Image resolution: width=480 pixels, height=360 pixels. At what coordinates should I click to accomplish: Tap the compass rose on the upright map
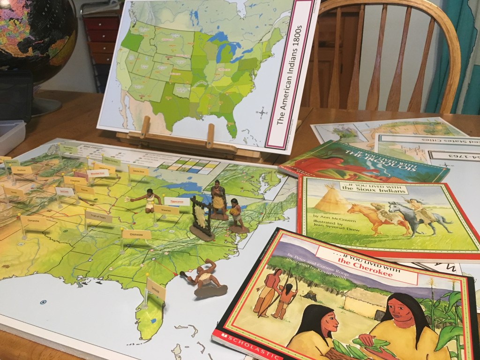coord(262,112)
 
